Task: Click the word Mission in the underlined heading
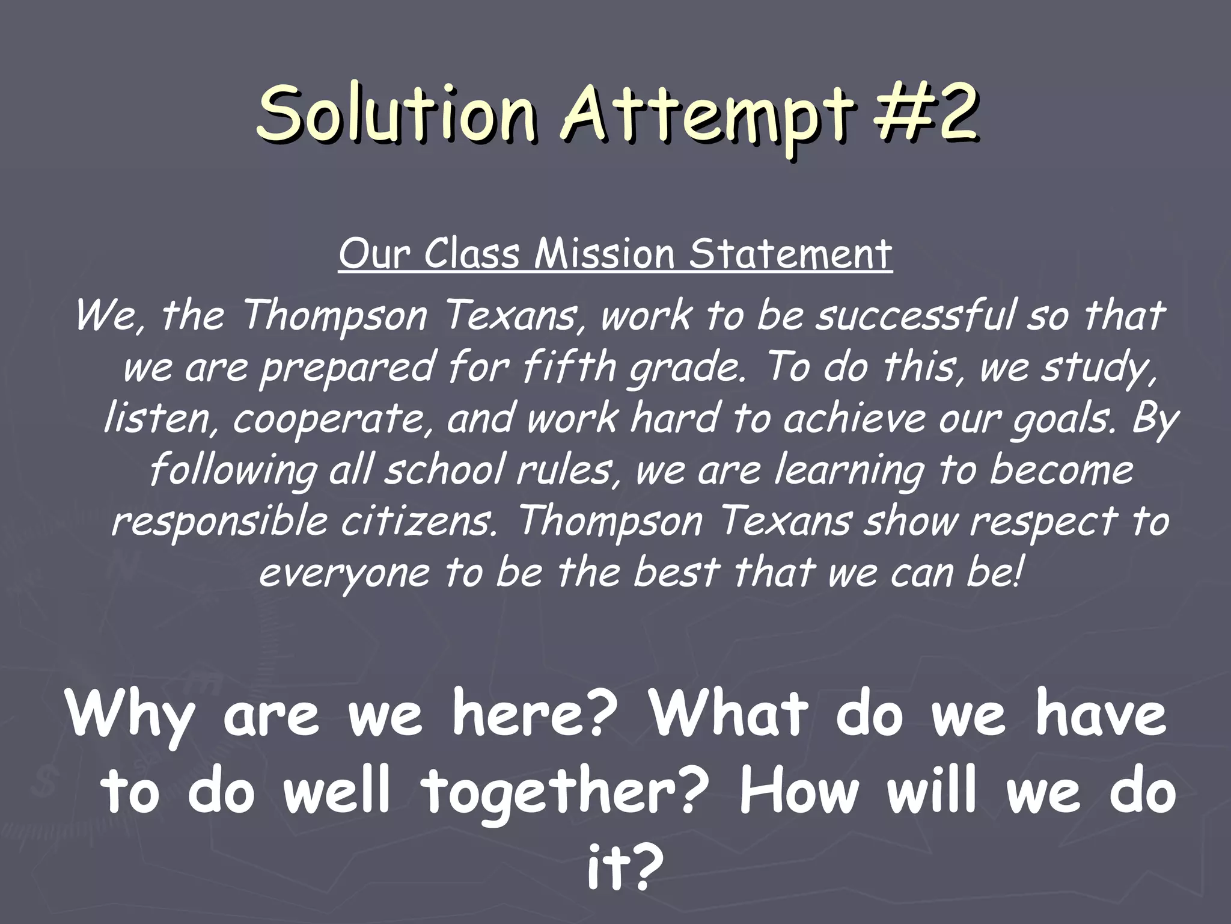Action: pos(603,254)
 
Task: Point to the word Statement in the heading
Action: pos(789,254)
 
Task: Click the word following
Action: pos(233,471)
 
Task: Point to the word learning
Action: pos(848,471)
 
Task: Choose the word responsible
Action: pos(219,522)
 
